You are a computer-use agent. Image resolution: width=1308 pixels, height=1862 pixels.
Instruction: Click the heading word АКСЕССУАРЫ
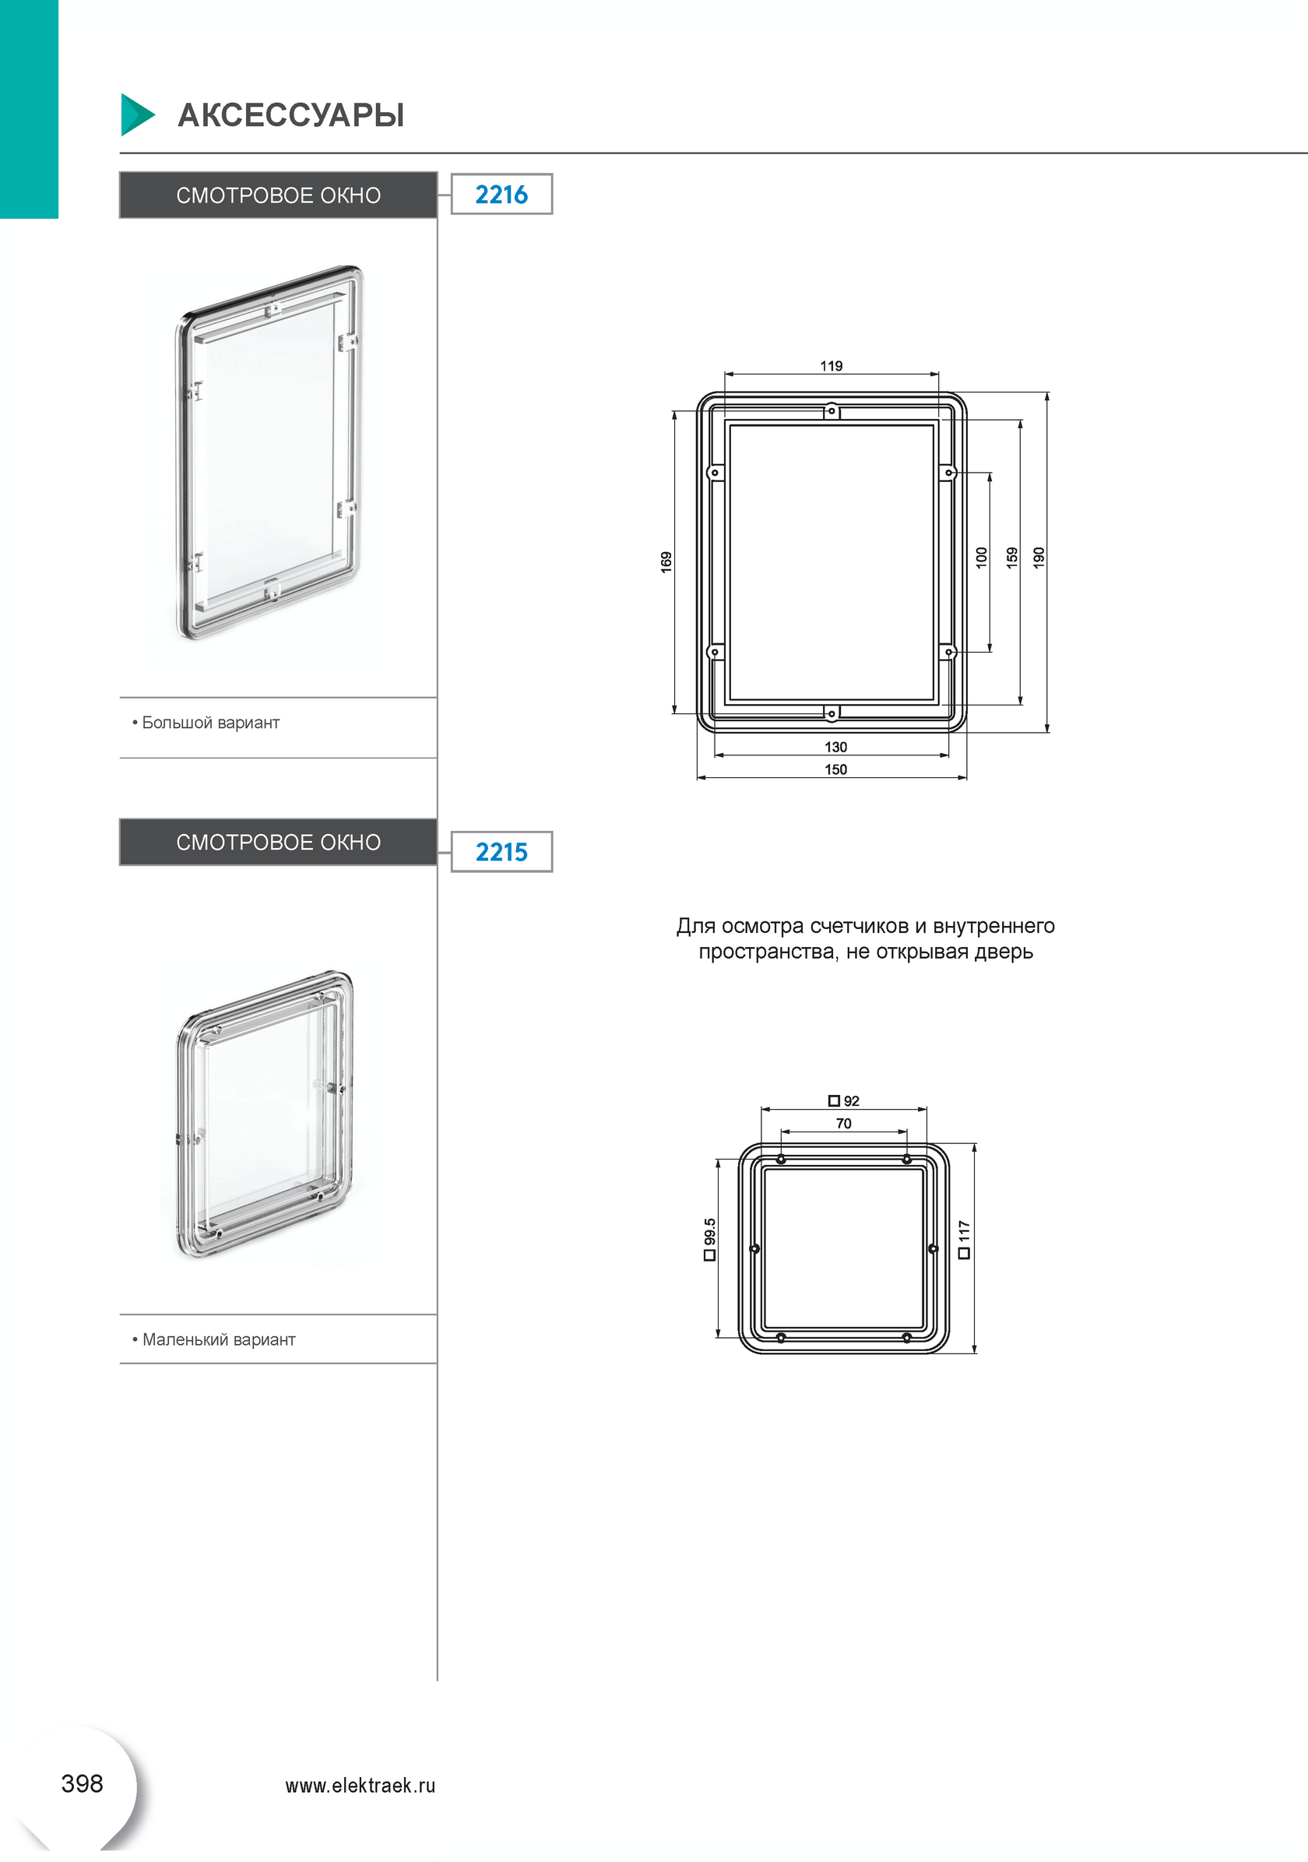[x=291, y=115]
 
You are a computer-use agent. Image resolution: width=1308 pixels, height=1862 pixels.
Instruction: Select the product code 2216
[x=501, y=195]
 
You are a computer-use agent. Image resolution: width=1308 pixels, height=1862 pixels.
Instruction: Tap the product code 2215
[x=501, y=852]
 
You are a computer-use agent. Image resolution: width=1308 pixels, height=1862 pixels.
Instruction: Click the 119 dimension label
[x=832, y=366]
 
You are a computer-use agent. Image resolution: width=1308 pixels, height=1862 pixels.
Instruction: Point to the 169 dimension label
[x=666, y=562]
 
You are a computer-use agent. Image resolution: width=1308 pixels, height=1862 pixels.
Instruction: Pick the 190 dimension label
[x=1039, y=558]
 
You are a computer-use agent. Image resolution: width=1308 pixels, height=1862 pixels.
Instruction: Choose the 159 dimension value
[x=1012, y=558]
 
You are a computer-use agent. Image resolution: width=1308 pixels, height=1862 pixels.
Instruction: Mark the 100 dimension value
[x=981, y=558]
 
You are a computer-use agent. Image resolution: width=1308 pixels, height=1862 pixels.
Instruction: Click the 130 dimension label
[x=836, y=747]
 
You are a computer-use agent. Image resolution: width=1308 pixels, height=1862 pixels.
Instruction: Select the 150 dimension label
[x=836, y=769]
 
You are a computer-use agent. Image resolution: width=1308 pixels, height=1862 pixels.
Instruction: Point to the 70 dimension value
[x=843, y=1124]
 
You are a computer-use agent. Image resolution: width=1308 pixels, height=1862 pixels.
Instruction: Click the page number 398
[x=82, y=1783]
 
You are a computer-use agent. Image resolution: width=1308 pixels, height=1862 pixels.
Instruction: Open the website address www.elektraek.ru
[x=360, y=1786]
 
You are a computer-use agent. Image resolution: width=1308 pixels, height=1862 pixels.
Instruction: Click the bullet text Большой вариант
[x=211, y=723]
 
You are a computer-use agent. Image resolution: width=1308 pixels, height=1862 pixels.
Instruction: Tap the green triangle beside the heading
[x=135, y=115]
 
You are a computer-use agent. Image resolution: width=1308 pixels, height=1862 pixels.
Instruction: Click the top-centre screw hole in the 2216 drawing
[x=832, y=411]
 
